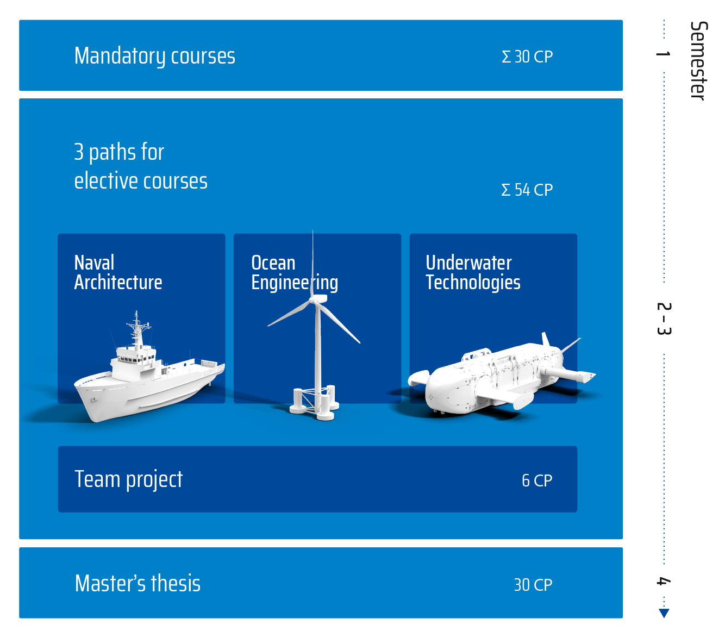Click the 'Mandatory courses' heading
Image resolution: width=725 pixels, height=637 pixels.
[154, 56]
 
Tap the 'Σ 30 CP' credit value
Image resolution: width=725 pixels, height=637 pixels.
[527, 57]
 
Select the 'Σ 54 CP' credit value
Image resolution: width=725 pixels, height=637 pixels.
[527, 190]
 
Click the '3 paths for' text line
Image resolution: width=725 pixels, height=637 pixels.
[119, 152]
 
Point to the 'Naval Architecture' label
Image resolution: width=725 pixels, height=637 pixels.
[118, 272]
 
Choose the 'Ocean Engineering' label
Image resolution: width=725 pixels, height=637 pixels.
[295, 273]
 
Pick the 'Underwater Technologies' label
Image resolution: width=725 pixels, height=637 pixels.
[473, 272]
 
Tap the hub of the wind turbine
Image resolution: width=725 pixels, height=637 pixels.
[318, 299]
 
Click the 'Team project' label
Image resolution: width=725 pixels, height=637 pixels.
[128, 480]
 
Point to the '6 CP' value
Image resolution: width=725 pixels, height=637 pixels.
[537, 480]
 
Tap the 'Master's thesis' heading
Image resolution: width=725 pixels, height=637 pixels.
[137, 584]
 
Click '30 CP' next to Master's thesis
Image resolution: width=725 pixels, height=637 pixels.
[533, 585]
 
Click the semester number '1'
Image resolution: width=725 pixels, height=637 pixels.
[663, 54]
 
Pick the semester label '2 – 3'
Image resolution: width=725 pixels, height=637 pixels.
[664, 318]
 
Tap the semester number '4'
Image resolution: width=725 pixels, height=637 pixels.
[663, 581]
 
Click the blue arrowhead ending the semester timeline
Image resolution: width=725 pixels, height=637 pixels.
[664, 613]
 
